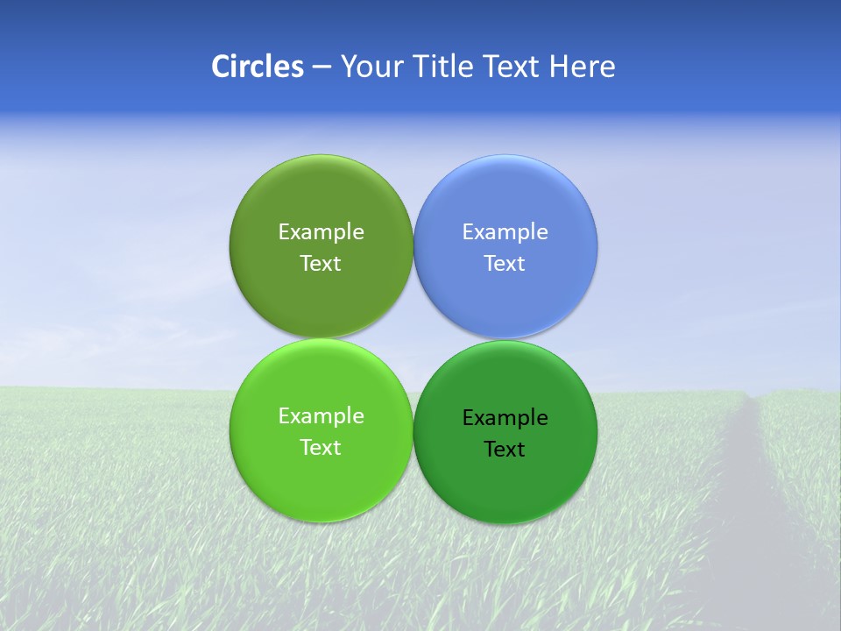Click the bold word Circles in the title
pyautogui.click(x=258, y=67)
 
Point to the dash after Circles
pyautogui.click(x=322, y=67)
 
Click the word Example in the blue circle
pyautogui.click(x=505, y=232)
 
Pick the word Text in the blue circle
pyautogui.click(x=505, y=264)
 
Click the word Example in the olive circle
pyautogui.click(x=321, y=232)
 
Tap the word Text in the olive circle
pyautogui.click(x=321, y=264)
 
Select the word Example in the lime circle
pyautogui.click(x=321, y=416)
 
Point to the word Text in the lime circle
pyautogui.click(x=321, y=448)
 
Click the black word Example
pyautogui.click(x=505, y=418)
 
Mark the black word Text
pyautogui.click(x=505, y=450)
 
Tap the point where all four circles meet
pyautogui.click(x=413, y=339)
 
